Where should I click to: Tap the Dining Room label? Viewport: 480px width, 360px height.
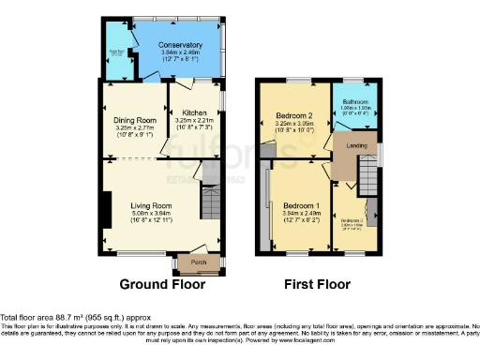tap(134, 121)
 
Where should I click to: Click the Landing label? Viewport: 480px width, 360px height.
tap(354, 144)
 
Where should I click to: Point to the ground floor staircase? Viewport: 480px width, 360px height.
tap(210, 202)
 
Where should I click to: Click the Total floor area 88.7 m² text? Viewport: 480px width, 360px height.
tap(70, 320)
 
